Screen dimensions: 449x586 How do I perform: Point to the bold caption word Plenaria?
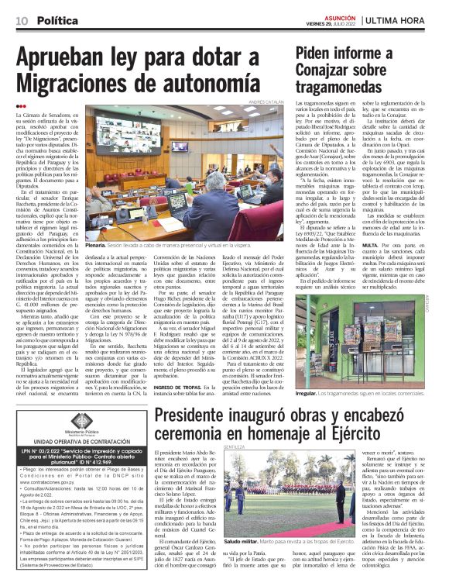[97, 255]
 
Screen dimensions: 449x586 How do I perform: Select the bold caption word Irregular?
[310, 393]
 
